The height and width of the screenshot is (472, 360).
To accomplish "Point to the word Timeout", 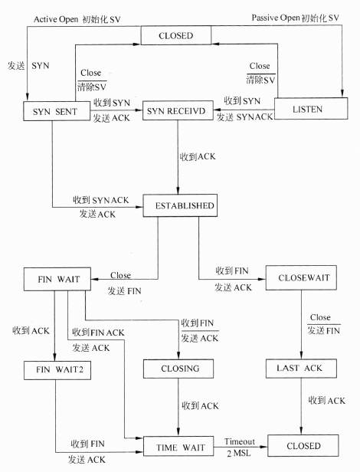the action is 240,441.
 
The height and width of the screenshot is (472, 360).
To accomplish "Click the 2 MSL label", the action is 239,453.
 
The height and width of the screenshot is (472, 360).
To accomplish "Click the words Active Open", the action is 56,19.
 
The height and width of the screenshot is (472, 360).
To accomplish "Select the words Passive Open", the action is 276,18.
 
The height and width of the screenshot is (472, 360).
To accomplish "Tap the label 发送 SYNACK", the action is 244,116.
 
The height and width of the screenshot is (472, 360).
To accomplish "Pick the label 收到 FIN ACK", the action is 99,333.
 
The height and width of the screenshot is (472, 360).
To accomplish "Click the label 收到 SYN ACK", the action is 101,200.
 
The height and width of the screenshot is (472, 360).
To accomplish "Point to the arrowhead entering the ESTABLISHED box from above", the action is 178,191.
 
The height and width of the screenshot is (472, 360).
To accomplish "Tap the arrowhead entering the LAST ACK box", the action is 301,355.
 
